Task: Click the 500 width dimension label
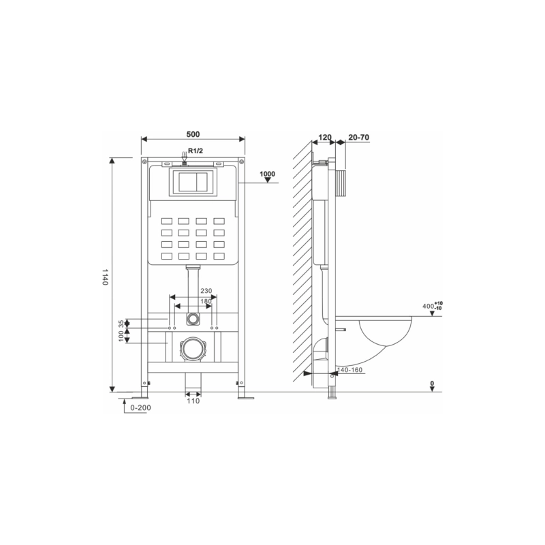coord(193,134)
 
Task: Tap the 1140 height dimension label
coord(105,277)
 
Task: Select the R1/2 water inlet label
coord(196,151)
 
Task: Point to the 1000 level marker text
coord(267,174)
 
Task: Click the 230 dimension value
coord(206,291)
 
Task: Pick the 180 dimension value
coord(206,301)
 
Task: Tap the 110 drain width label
coord(193,401)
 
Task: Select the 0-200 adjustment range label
coord(140,407)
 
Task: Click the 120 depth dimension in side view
coord(325,138)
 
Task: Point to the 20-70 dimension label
coord(359,138)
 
